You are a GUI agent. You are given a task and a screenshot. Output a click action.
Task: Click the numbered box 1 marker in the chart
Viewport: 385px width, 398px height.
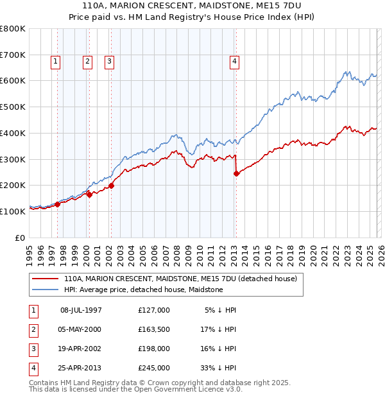[56, 62]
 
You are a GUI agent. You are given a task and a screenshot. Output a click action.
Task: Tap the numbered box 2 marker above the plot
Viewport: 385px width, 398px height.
[87, 62]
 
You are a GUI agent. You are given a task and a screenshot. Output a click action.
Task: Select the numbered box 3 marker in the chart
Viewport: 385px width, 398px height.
[110, 62]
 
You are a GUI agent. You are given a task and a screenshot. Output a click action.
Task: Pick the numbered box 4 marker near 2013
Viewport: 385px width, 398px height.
[235, 62]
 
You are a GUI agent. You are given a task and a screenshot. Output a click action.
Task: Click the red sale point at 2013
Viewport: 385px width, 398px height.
[236, 173]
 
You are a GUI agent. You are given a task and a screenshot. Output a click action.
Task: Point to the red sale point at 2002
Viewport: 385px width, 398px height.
[111, 186]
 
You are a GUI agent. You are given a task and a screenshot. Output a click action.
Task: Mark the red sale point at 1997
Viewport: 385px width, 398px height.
[57, 204]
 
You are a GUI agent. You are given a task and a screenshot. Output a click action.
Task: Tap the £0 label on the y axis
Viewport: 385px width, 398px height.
[21, 238]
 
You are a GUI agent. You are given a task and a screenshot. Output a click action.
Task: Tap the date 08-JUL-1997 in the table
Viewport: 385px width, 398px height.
[81, 310]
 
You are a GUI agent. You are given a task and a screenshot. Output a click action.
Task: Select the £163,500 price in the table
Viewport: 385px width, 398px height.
[154, 329]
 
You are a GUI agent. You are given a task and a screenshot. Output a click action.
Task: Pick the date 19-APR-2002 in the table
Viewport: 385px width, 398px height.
[81, 349]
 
